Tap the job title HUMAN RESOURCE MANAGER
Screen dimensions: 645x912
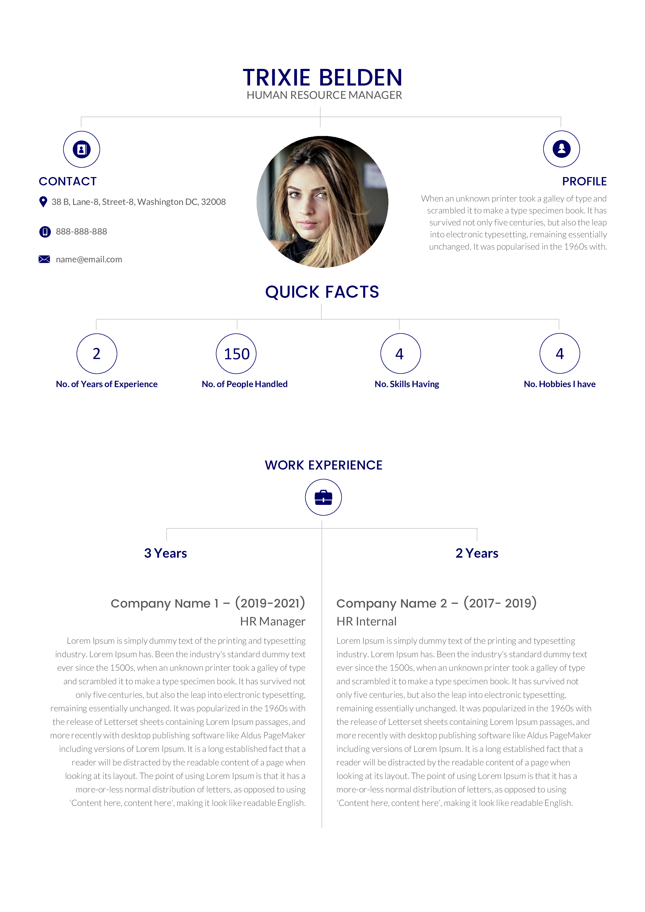(x=324, y=95)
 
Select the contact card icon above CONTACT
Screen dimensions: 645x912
(x=81, y=149)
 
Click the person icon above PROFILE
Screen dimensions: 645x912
(x=561, y=149)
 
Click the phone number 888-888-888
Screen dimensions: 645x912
(x=81, y=232)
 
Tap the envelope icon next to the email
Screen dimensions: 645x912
(x=44, y=259)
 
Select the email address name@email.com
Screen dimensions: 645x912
(x=89, y=259)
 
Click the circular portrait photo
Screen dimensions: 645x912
(x=322, y=202)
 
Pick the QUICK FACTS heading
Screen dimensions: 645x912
(x=322, y=292)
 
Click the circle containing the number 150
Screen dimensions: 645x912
(x=236, y=354)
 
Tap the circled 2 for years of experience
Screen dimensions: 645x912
(x=96, y=354)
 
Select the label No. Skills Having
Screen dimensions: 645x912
(x=407, y=384)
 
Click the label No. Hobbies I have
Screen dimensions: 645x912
(x=560, y=384)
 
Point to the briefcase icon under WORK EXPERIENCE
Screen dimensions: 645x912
(x=323, y=497)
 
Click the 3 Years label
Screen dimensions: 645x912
(x=166, y=553)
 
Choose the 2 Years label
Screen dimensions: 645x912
(x=477, y=553)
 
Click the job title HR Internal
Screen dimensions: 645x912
(x=367, y=621)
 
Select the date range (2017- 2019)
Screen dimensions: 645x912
(x=500, y=603)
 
